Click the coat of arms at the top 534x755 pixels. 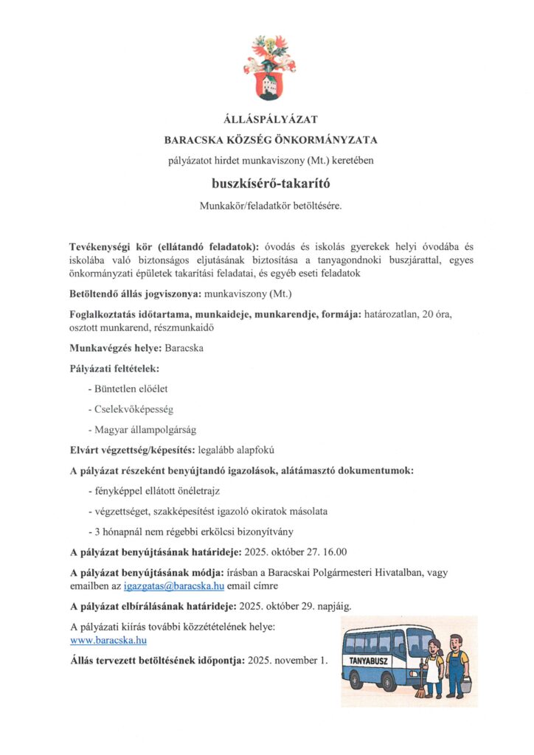pyautogui.click(x=269, y=68)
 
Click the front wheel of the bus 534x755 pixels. pyautogui.click(x=389, y=682)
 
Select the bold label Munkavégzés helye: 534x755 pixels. pyautogui.click(x=116, y=346)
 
